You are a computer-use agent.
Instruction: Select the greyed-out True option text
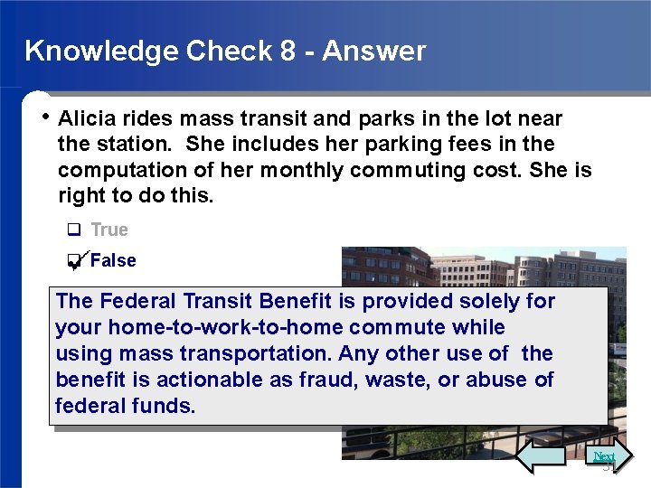(109, 230)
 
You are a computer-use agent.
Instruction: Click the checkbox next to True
(74, 230)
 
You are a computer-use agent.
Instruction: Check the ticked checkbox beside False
(74, 261)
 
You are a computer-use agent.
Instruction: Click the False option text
(113, 260)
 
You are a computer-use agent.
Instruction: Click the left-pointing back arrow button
(540, 456)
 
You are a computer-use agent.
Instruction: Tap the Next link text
(604, 456)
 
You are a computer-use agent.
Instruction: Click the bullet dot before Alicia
(46, 117)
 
